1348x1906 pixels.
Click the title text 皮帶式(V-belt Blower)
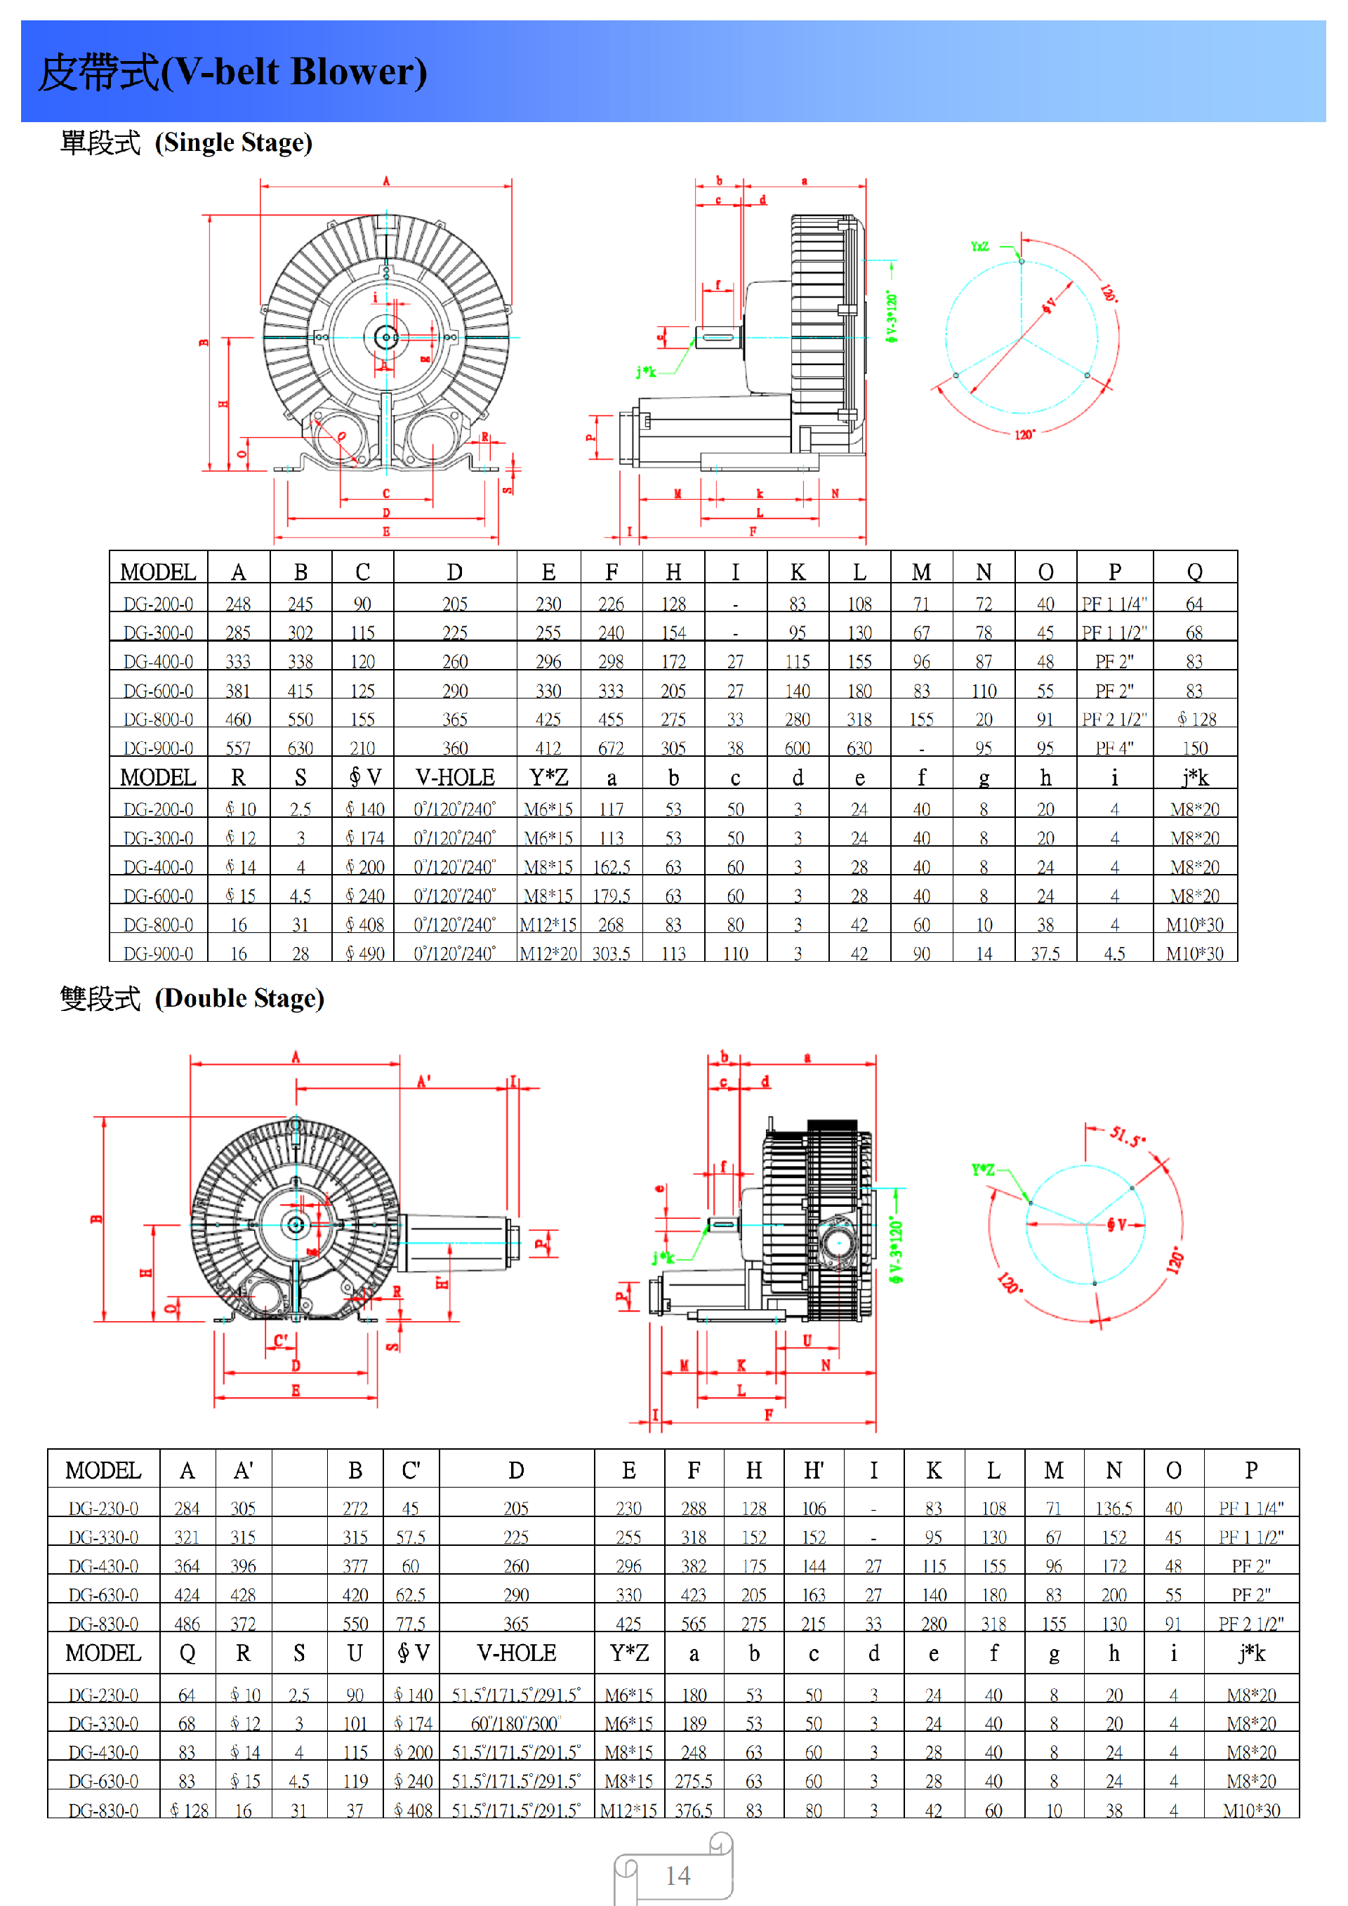pos(232,72)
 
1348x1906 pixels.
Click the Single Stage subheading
pos(186,143)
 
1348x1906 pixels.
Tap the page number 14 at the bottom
pos(678,1876)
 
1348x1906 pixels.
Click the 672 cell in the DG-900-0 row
pos(611,748)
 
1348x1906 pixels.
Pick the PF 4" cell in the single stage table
pos(1114,748)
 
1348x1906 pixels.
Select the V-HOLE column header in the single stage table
pos(455,778)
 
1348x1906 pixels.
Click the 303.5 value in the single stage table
pos(611,954)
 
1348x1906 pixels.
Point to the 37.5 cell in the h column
pos(1045,954)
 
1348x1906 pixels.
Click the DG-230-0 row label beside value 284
pos(103,1509)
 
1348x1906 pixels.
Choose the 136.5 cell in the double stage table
pos(1114,1509)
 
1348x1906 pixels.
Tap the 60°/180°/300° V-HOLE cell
pos(515,1723)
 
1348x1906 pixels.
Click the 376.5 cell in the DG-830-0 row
pos(694,1811)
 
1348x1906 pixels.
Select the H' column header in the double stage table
pos(814,1471)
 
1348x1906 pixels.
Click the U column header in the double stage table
pos(355,1654)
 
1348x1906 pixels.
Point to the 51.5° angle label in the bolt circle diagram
pos(1128,1137)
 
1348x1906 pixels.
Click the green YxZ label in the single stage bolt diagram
pos(979,246)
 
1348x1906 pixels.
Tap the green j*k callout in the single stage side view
pos(646,372)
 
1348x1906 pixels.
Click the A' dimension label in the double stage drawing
pos(423,1082)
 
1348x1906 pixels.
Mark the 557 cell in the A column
pos(238,748)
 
